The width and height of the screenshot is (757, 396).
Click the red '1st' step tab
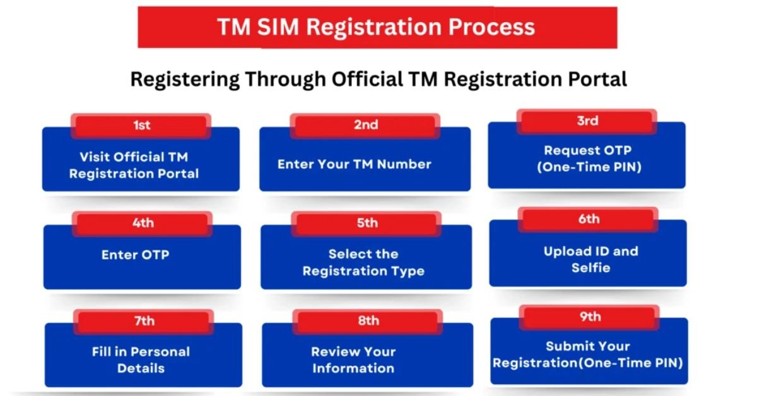click(141, 125)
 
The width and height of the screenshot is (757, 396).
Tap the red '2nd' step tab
click(366, 125)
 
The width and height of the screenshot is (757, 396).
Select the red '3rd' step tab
click(587, 121)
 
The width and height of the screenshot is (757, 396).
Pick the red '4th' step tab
click(143, 223)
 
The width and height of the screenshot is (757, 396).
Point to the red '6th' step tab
click(589, 219)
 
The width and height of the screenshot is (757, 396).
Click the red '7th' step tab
click(144, 321)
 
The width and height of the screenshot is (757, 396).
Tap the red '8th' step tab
click(368, 321)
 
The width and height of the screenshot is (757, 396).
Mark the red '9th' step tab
click(590, 317)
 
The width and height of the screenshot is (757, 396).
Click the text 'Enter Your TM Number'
click(355, 165)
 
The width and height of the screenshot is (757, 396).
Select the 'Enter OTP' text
click(136, 255)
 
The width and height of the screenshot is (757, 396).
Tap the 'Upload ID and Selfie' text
click(591, 260)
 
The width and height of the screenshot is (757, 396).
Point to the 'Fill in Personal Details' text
click(141, 359)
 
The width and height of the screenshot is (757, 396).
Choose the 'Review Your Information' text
click(353, 359)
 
